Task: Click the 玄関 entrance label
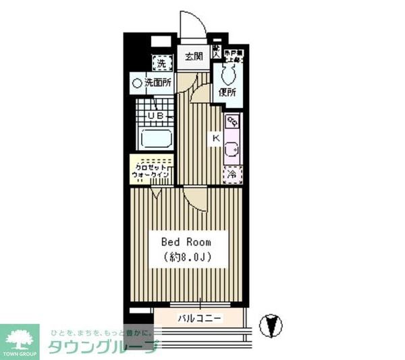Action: point(194,57)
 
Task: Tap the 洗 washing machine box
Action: point(161,63)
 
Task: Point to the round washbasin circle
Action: point(137,83)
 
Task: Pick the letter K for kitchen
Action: point(216,138)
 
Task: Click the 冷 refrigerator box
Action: point(232,174)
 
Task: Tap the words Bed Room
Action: point(186,241)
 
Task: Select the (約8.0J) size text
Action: point(186,257)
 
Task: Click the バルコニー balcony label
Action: point(200,317)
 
